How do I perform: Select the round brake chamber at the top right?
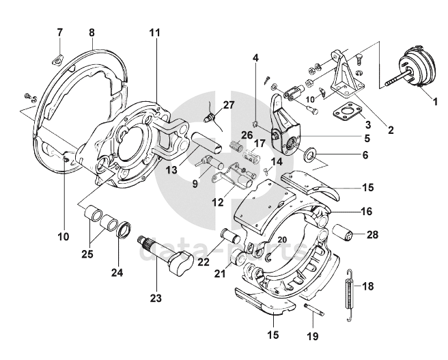tap(414, 67)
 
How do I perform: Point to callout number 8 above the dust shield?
tap(92, 32)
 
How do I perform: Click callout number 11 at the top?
tap(155, 33)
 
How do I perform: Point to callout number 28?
tap(372, 235)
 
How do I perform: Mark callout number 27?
tap(227, 105)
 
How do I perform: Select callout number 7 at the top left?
tap(59, 32)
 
